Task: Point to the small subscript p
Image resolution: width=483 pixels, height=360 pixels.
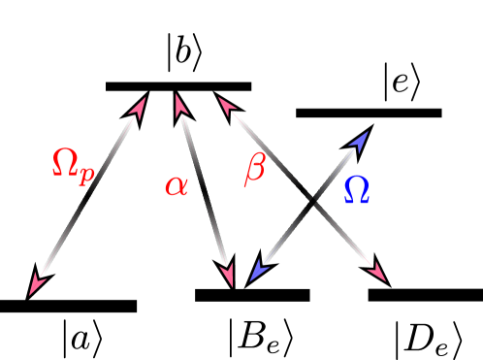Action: click(x=87, y=176)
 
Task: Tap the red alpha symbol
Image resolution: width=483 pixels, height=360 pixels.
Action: click(x=176, y=184)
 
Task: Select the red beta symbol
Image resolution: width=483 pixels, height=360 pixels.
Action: click(x=254, y=169)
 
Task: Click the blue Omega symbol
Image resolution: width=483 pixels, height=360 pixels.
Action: click(x=356, y=189)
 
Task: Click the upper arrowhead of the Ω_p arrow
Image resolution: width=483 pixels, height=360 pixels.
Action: click(x=139, y=106)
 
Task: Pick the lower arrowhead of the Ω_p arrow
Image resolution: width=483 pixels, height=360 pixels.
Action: click(x=37, y=283)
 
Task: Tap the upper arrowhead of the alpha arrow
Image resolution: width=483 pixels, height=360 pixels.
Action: click(x=179, y=104)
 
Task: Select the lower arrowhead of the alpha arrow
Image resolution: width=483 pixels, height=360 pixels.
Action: click(x=229, y=277)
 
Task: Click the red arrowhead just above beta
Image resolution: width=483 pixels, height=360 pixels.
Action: click(x=226, y=105)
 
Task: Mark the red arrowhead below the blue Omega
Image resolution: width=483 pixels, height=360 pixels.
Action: click(x=377, y=273)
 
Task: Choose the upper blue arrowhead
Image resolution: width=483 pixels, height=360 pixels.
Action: click(x=360, y=140)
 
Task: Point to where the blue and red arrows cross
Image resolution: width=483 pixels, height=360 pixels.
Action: click(x=315, y=209)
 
